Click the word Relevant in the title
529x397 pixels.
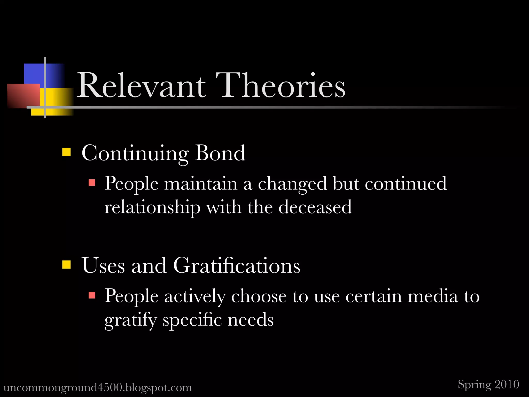141,86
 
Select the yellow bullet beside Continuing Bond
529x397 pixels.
66,152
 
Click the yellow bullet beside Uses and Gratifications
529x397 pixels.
66,264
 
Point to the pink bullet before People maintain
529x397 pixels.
92,183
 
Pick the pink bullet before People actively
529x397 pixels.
92,295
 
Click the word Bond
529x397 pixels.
220,153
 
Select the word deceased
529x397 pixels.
315,207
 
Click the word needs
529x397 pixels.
250,320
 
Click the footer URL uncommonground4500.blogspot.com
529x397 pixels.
98,387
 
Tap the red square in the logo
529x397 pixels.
23,95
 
